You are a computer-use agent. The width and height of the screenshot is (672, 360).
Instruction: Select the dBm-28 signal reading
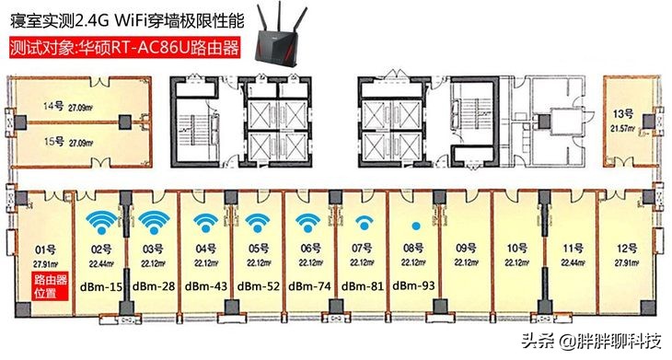tap(154, 286)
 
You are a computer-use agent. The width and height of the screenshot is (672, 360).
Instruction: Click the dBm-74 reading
tap(310, 286)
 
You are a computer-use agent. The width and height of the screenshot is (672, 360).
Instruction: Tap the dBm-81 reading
tap(363, 286)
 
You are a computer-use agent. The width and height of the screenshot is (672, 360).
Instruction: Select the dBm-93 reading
tap(415, 286)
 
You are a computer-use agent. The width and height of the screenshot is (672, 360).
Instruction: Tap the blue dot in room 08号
tap(416, 226)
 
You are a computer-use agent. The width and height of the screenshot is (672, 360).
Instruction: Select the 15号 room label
tap(52, 144)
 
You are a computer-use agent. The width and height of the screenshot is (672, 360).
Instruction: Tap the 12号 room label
tap(627, 249)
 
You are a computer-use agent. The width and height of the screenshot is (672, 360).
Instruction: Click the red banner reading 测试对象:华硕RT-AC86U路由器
tap(122, 46)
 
